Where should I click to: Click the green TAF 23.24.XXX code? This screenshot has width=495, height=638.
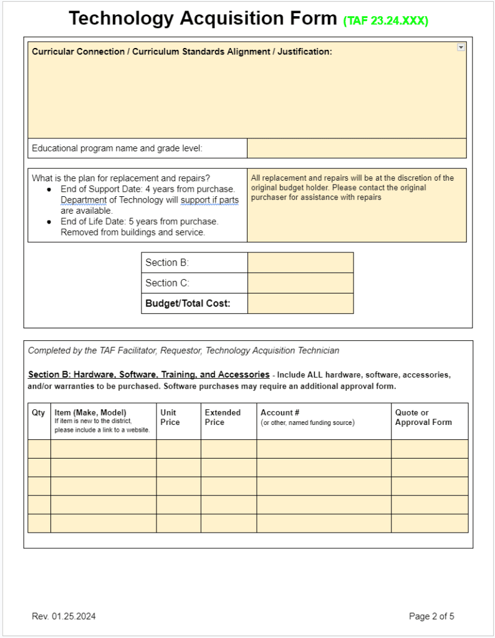click(385, 21)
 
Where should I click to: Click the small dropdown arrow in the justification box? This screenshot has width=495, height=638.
click(461, 47)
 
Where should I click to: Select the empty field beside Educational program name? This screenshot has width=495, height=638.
click(356, 148)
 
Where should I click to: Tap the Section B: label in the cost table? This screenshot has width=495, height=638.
click(167, 262)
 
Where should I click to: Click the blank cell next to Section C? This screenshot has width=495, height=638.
click(300, 283)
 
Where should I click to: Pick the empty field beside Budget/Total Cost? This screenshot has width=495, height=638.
click(300, 303)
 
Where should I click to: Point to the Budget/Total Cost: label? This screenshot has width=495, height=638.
click(188, 303)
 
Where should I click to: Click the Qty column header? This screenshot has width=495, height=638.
click(38, 412)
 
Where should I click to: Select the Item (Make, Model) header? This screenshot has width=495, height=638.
click(90, 412)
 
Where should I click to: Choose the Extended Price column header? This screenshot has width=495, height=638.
click(223, 417)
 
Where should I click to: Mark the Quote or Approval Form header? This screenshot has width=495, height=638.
click(423, 417)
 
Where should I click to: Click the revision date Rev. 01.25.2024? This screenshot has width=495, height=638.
click(64, 616)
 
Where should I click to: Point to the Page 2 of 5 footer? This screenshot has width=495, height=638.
click(431, 616)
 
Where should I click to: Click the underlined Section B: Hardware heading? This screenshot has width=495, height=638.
click(148, 374)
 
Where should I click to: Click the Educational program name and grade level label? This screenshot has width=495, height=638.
click(117, 148)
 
